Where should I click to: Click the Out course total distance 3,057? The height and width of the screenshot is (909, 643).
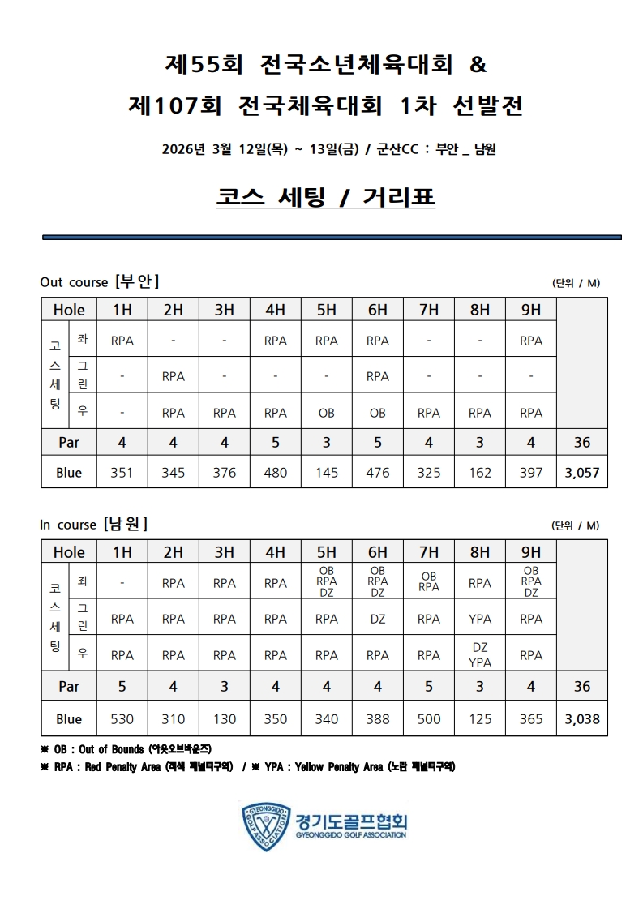582,473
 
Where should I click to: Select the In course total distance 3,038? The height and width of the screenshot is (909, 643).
582,718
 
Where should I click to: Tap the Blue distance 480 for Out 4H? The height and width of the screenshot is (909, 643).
276,473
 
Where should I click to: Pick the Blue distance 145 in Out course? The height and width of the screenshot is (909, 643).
327,473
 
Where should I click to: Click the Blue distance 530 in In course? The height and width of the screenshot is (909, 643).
122,718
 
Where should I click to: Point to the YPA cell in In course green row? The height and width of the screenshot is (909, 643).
480,619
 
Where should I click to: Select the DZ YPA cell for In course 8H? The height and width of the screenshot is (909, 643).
480,655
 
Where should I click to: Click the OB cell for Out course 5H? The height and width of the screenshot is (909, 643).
327,413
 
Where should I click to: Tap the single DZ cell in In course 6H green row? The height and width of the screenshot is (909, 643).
378,619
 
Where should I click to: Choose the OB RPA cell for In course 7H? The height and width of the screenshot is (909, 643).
429,582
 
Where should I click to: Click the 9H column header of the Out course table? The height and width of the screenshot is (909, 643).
531,310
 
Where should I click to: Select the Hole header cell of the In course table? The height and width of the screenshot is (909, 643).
69,552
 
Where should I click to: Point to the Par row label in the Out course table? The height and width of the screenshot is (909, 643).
69,443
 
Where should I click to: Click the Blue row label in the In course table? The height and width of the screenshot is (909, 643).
69,718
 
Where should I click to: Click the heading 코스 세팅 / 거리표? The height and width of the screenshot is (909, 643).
326,197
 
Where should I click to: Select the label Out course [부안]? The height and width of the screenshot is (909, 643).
99,281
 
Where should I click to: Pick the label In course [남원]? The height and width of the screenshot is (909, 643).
93,524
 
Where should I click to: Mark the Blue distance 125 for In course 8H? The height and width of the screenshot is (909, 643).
480,718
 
